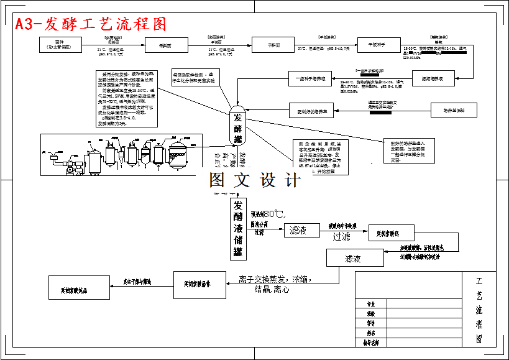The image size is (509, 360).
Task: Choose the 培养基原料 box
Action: (x=454, y=111)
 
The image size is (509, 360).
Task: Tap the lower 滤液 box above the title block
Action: (x=352, y=258)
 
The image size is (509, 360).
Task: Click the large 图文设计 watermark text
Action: (x=254, y=180)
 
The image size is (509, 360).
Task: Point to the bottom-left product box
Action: (x=78, y=287)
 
